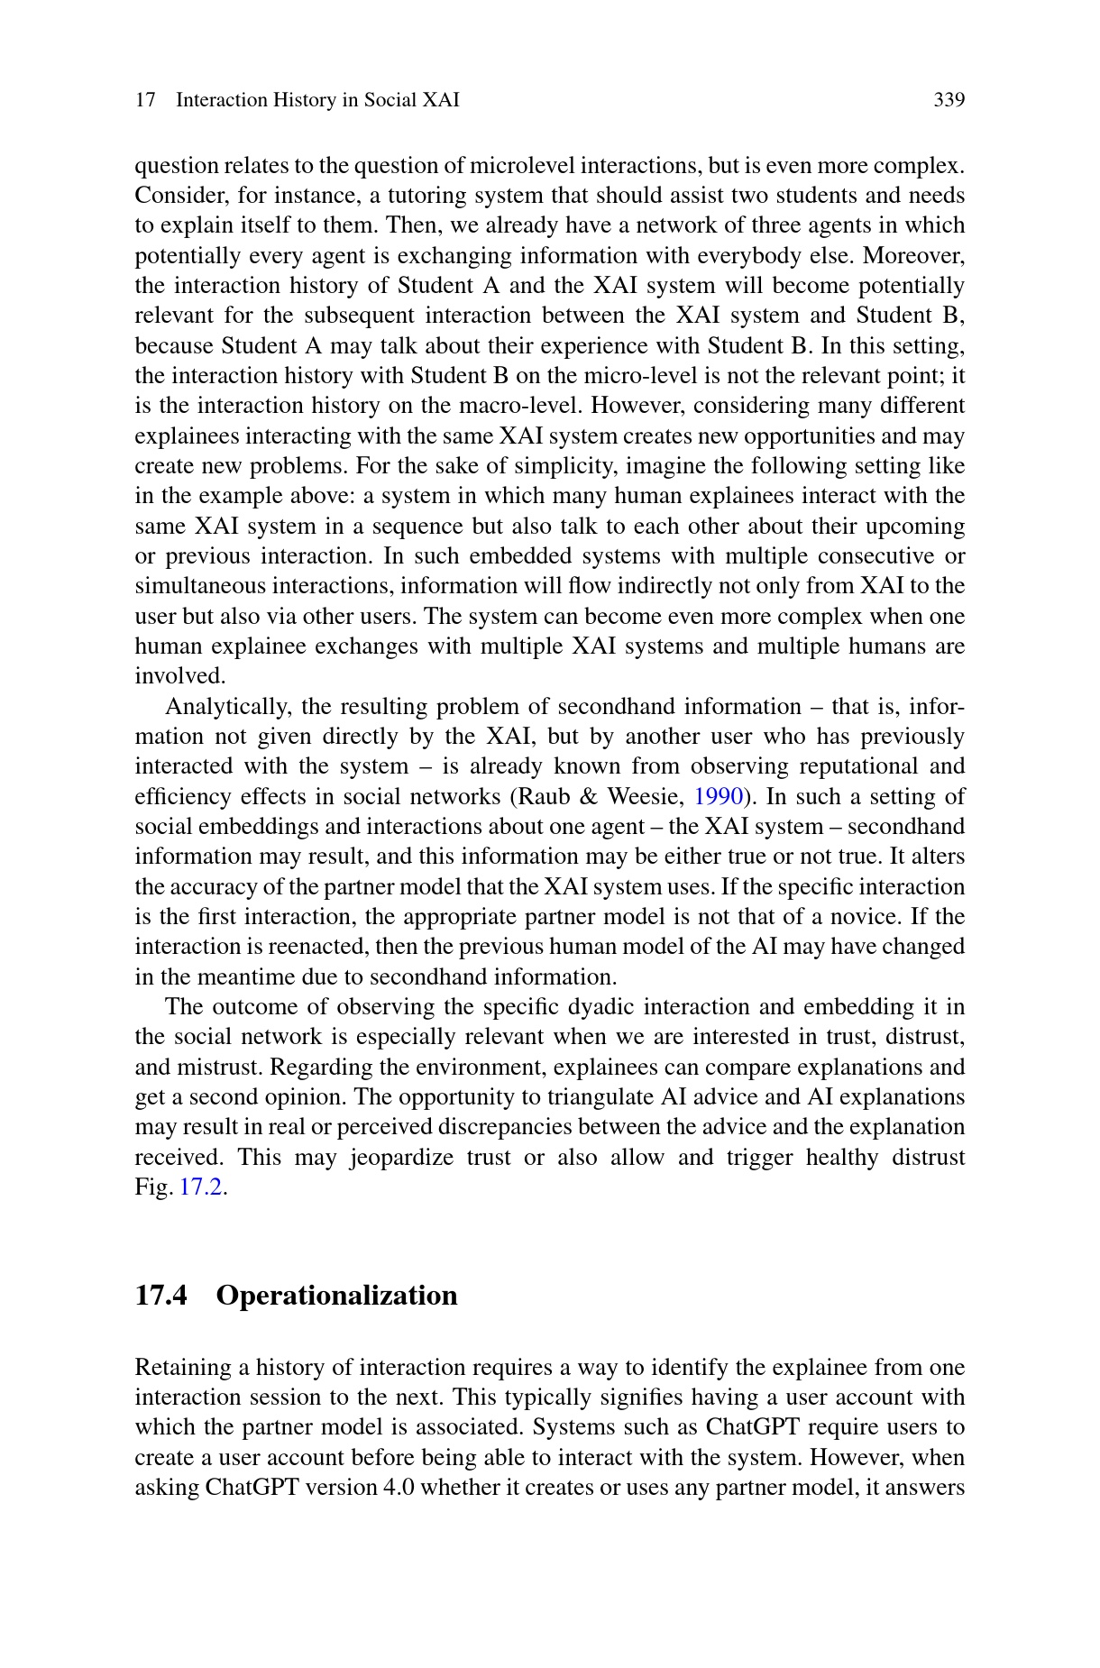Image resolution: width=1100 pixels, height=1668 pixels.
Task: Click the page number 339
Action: [949, 100]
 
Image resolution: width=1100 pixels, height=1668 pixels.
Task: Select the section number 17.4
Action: [161, 1296]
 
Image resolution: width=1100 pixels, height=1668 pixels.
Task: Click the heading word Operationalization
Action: [336, 1296]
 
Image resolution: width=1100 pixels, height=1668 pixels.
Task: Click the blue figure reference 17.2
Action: [201, 1187]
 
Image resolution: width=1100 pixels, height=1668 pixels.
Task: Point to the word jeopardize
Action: [399, 1158]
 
